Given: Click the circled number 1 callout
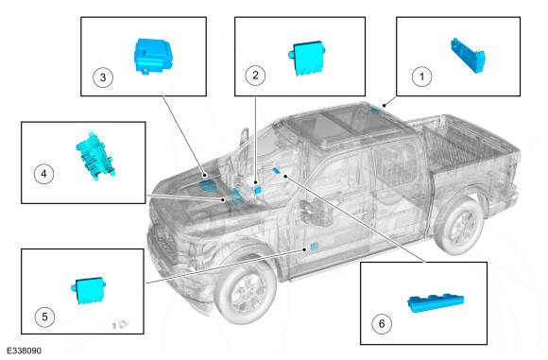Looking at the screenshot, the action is coord(421,77).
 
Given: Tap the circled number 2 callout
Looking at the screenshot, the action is coord(255,76).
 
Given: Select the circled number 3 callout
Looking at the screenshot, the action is coord(103,77).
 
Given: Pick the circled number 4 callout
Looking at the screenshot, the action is coord(43,174).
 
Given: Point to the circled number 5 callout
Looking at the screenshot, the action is coord(44,317).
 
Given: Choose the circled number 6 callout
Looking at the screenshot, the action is coord(382,324).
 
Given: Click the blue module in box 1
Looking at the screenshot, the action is coord(468,56).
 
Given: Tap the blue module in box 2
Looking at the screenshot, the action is coord(308,58).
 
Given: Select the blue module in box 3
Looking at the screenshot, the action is coord(153,55).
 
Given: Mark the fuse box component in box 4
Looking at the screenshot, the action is coord(95,155).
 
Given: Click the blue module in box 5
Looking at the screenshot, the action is coord(89,290).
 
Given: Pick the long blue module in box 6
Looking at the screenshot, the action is coord(436,302).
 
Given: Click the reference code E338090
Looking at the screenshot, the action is coord(24,351).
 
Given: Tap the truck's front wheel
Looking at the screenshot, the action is coord(246,291).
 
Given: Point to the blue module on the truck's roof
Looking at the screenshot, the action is coord(376,111).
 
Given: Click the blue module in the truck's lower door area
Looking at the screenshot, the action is coord(315,246).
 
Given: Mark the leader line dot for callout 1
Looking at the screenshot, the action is coord(385,105).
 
